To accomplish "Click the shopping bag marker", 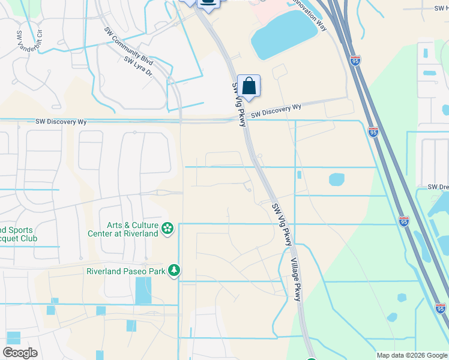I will point(249,86).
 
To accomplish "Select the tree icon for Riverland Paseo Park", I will point(174,271).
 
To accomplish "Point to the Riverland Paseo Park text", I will point(125,271).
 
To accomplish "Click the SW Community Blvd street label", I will point(128,46).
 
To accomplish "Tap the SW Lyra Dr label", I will point(139,68).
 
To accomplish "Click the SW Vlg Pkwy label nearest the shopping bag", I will point(239,103).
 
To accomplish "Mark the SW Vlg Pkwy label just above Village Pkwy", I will point(282,224).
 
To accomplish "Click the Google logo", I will point(20,353).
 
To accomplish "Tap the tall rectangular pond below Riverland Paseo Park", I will point(143,290).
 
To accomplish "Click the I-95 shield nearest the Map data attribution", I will point(441,308).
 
